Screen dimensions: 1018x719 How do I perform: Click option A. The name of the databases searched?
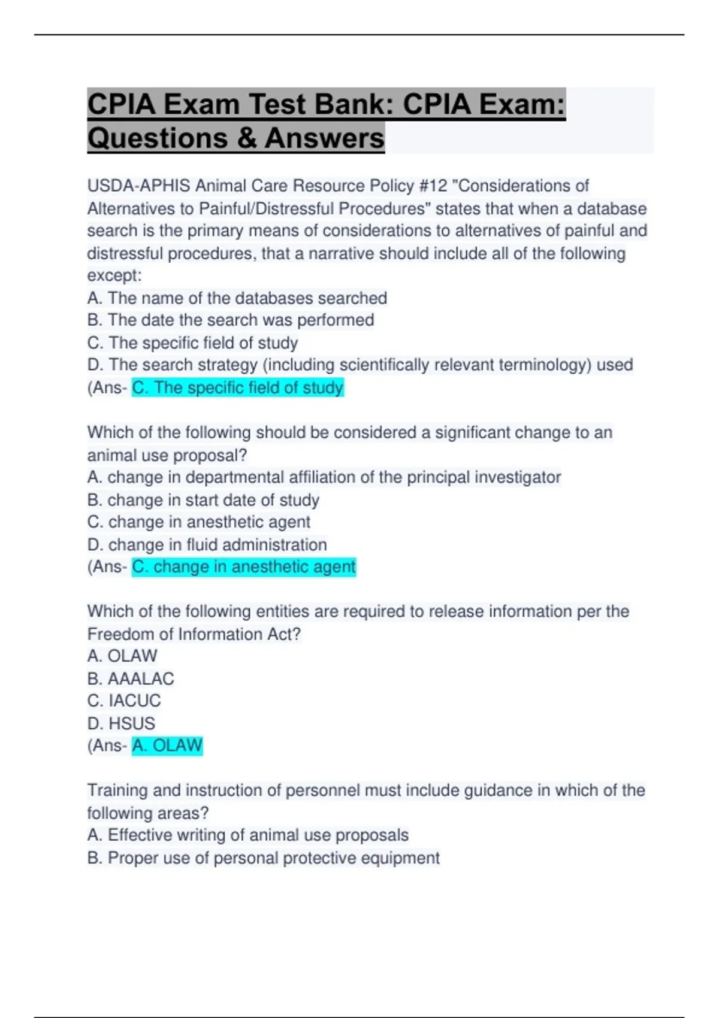237,298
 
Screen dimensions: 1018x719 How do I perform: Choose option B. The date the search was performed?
231,320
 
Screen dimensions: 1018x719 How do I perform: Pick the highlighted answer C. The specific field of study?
238,387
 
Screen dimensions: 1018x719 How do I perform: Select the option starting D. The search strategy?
359,365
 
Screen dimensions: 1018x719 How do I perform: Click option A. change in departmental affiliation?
324,477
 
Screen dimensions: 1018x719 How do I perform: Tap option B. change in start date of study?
203,499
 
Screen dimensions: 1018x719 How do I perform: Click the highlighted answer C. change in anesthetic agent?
244,566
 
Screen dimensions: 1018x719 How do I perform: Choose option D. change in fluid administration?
207,544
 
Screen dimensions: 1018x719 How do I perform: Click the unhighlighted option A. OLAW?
122,656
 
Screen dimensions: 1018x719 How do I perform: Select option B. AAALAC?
131,678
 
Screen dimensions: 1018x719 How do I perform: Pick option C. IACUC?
124,701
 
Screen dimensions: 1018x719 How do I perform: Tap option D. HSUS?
121,723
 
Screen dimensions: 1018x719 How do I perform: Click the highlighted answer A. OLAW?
167,746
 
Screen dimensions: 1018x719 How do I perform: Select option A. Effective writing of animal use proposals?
247,835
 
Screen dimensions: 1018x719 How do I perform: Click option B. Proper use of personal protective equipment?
263,858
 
